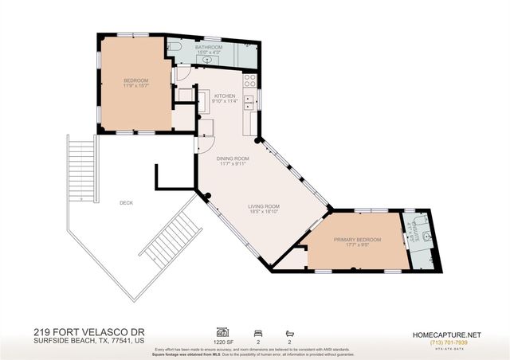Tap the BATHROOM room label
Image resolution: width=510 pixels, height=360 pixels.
click(x=209, y=48)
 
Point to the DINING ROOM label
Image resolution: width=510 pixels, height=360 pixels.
click(x=233, y=158)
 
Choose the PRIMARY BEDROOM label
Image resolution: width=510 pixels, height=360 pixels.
click(x=357, y=240)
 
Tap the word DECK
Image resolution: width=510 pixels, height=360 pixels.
click(x=126, y=202)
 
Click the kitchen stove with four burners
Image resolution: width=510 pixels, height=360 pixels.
click(x=249, y=80)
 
